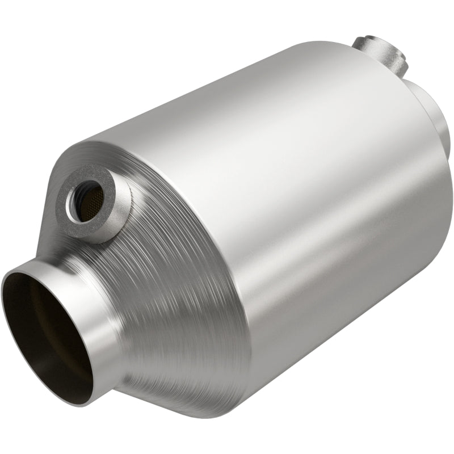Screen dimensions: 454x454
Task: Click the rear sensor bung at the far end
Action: pyautogui.click(x=380, y=54)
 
